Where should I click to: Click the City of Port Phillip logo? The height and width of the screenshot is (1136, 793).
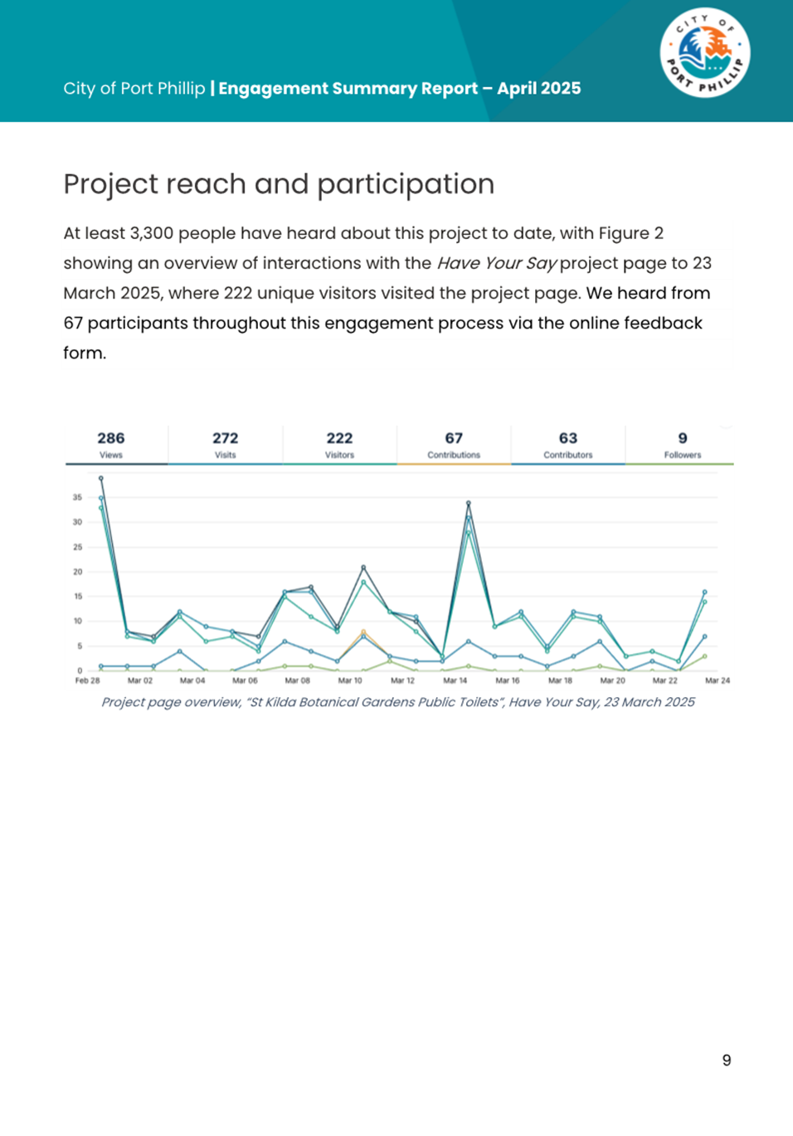pyautogui.click(x=705, y=53)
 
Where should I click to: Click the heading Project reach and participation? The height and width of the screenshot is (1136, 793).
pyautogui.click(x=279, y=184)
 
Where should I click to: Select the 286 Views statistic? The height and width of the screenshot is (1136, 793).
pyautogui.click(x=111, y=444)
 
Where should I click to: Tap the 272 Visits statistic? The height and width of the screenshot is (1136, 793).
pyautogui.click(x=225, y=444)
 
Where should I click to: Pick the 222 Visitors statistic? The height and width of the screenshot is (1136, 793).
pyautogui.click(x=339, y=444)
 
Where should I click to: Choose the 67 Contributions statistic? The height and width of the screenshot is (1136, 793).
pyautogui.click(x=454, y=444)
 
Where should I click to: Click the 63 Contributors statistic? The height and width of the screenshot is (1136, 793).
pyautogui.click(x=568, y=444)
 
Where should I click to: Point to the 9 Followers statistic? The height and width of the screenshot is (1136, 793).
pyautogui.click(x=683, y=444)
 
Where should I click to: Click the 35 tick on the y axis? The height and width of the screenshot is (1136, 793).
pyautogui.click(x=78, y=498)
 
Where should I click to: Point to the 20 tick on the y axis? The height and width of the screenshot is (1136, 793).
pyautogui.click(x=78, y=572)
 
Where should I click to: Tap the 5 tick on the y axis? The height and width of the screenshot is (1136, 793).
pyautogui.click(x=80, y=646)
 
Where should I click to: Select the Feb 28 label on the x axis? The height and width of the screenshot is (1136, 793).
pyautogui.click(x=87, y=680)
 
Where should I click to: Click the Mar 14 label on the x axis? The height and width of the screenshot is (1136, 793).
pyautogui.click(x=455, y=680)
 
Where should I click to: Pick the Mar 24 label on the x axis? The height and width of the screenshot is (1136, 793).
pyautogui.click(x=718, y=680)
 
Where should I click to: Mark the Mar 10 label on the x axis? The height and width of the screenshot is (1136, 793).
pyautogui.click(x=350, y=680)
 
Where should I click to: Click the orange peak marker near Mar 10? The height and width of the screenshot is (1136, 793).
pyautogui.click(x=363, y=632)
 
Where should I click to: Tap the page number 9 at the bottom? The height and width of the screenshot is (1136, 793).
pyautogui.click(x=727, y=1060)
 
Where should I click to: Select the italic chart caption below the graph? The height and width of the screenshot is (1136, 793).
pyautogui.click(x=398, y=702)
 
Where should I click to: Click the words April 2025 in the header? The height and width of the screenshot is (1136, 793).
pyautogui.click(x=539, y=89)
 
